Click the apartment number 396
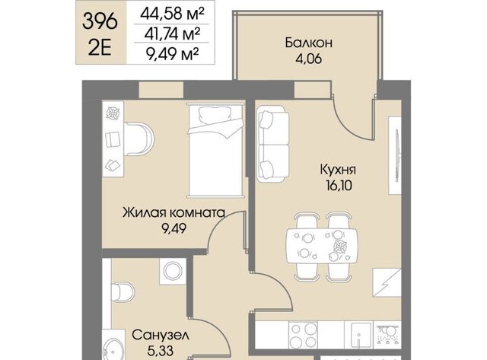point(100,22)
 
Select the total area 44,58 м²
point(172,14)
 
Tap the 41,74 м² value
point(172,33)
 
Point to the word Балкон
point(309,43)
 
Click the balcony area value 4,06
point(308,59)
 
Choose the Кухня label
point(338,170)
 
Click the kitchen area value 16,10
point(339,186)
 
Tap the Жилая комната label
point(173,213)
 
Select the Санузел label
point(161,335)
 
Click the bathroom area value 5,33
point(161,351)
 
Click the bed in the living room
point(215,151)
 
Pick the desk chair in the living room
point(139,139)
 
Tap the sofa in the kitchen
point(273,144)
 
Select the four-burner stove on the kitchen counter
point(303,335)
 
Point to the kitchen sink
point(361,335)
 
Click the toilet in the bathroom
point(123,292)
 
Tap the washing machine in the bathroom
point(173,271)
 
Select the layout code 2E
point(100,48)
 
